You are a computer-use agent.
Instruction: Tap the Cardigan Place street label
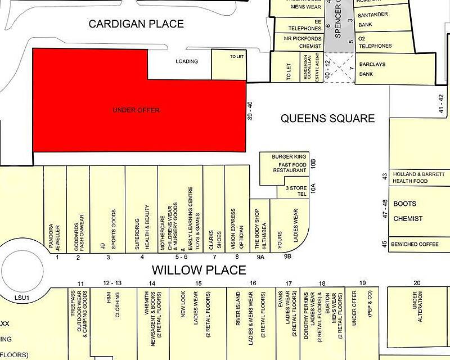click(136, 24)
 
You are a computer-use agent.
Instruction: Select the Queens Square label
click(327, 119)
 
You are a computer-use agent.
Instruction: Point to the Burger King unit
click(288, 163)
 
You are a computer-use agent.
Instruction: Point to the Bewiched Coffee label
click(418, 244)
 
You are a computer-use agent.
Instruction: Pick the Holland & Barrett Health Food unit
click(419, 177)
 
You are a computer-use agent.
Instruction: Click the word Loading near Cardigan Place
click(187, 61)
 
